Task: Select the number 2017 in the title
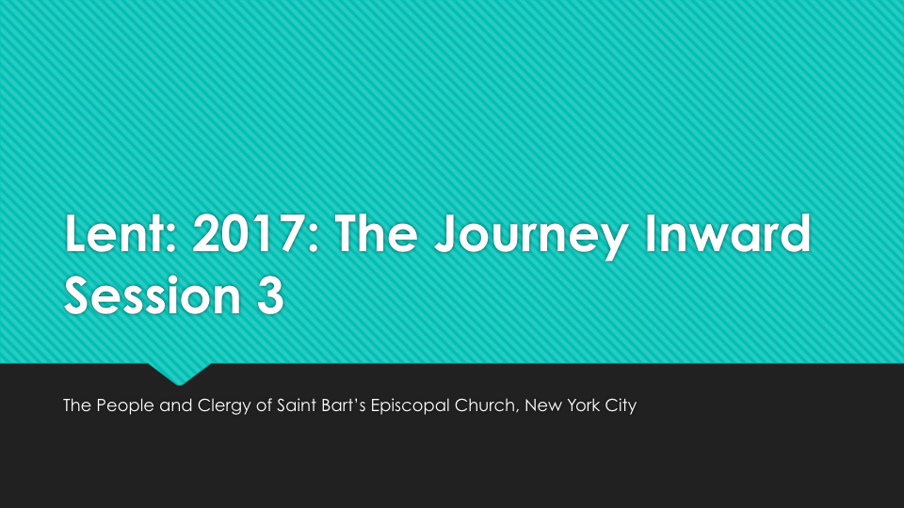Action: point(250,233)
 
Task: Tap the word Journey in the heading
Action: point(531,236)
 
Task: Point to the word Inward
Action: point(728,233)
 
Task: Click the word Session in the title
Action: point(153,295)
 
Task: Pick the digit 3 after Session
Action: point(270,295)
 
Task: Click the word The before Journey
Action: point(376,233)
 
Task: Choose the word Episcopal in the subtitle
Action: point(410,406)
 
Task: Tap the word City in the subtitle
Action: point(621,406)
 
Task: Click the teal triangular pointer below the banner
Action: point(179,373)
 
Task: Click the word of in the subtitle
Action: point(264,405)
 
